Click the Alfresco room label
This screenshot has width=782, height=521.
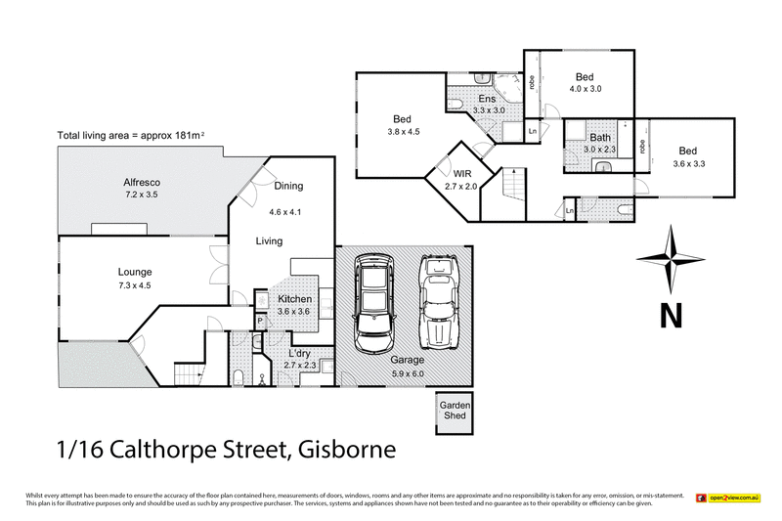[x=142, y=182]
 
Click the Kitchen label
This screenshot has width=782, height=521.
[x=295, y=299]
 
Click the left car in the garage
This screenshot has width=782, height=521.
[x=372, y=305]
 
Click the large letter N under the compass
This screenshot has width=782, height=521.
[x=670, y=317]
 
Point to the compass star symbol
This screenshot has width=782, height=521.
[x=670, y=259]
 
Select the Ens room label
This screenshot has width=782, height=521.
[x=487, y=99]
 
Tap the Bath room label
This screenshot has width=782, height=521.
[x=599, y=138]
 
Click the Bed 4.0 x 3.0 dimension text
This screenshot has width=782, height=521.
[x=586, y=89]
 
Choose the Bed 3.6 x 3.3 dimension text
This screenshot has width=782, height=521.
[x=688, y=164]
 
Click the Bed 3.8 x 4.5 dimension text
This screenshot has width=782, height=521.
[x=403, y=132]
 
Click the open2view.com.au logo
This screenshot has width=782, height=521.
[x=727, y=499]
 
